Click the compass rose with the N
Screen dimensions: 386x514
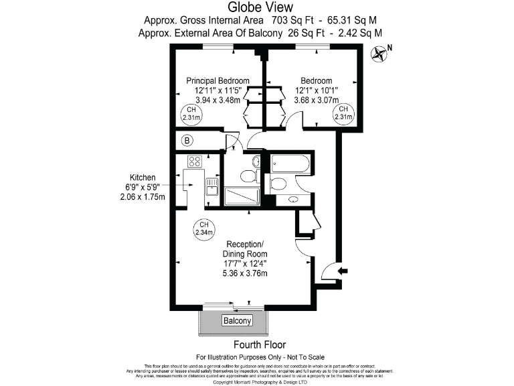click(379, 53)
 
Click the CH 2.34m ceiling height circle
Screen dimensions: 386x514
click(203, 229)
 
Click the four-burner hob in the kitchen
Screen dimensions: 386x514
click(195, 161)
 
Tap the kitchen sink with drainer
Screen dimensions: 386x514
click(212, 186)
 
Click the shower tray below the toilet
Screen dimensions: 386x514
click(241, 196)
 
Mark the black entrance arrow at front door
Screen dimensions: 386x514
click(344, 271)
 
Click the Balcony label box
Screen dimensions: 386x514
click(237, 321)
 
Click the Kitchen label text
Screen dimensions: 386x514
click(143, 177)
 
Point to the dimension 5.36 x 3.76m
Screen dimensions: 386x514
click(245, 273)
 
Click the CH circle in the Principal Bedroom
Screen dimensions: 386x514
click(191, 114)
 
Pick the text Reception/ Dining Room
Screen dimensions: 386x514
click(245, 249)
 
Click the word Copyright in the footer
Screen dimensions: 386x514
click(225, 382)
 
